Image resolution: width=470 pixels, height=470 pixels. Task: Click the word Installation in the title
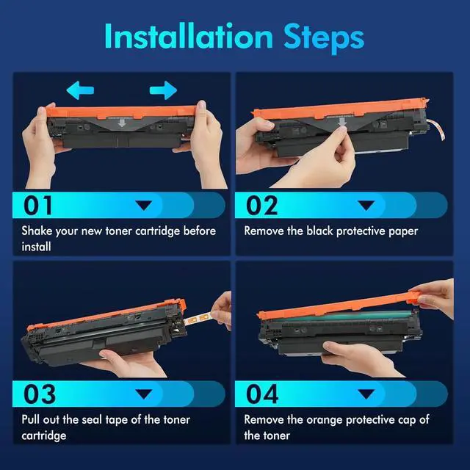click(x=189, y=36)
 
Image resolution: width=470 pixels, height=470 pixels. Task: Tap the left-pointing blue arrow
click(x=80, y=90)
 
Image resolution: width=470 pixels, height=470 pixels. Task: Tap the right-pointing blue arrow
click(x=163, y=90)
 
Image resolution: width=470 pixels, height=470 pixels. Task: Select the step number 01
click(x=37, y=206)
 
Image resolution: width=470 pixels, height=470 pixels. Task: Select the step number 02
click(x=261, y=206)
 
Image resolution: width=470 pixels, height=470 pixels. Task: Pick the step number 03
click(x=40, y=394)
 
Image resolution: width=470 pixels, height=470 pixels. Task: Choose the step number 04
click(x=262, y=394)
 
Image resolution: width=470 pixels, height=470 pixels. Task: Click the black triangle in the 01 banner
click(x=144, y=206)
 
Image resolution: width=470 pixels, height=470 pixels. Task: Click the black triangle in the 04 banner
click(x=366, y=394)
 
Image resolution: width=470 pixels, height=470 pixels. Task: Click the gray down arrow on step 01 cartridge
click(x=122, y=123)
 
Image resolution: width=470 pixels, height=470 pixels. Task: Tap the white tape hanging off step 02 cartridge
click(x=436, y=129)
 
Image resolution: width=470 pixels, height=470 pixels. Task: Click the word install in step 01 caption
click(x=36, y=247)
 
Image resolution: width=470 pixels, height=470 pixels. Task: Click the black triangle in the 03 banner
click(x=144, y=394)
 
